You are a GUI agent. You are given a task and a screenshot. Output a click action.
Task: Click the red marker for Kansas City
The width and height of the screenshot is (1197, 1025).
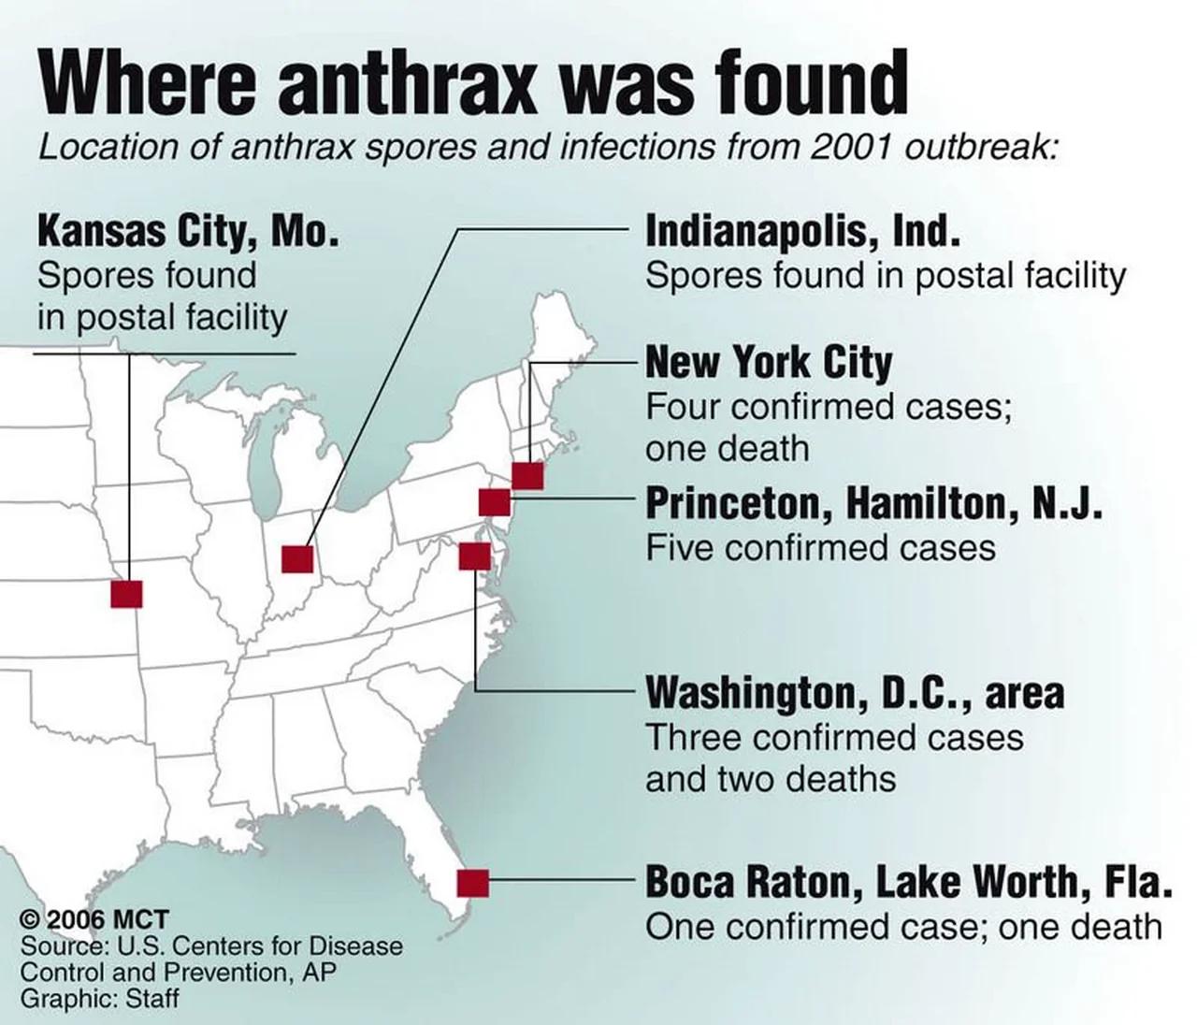pyautogui.click(x=126, y=593)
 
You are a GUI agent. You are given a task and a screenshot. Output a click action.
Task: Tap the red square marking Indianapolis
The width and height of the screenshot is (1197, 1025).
pyautogui.click(x=297, y=558)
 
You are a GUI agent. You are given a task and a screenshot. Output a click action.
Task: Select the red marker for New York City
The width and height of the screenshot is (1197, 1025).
pyautogui.click(x=527, y=475)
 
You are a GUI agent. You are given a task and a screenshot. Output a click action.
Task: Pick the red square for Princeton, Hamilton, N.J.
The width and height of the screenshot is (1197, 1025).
pyautogui.click(x=494, y=502)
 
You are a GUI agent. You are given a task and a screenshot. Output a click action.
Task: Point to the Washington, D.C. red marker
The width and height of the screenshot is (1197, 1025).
pyautogui.click(x=474, y=556)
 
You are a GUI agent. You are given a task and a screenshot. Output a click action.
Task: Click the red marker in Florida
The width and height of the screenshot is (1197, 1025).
pyautogui.click(x=473, y=883)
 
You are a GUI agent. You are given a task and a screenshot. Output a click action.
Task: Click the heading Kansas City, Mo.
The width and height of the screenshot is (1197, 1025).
pyautogui.click(x=187, y=231)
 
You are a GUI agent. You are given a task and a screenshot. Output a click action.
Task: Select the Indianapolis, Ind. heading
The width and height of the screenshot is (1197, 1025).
pyautogui.click(x=802, y=231)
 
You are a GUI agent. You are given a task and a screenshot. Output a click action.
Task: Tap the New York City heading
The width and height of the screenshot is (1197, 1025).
pyautogui.click(x=769, y=362)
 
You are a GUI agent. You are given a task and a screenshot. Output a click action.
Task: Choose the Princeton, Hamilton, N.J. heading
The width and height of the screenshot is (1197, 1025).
pyautogui.click(x=873, y=504)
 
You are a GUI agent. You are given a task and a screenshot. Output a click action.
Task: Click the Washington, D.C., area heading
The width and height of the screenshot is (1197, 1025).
pyautogui.click(x=855, y=694)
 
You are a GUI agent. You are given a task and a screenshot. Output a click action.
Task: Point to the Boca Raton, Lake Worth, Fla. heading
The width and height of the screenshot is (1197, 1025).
pyautogui.click(x=908, y=882)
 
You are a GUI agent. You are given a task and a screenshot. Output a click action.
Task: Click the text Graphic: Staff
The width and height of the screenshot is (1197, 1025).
pyautogui.click(x=99, y=998)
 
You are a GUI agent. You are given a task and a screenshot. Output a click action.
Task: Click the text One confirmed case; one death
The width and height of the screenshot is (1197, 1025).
pyautogui.click(x=903, y=927)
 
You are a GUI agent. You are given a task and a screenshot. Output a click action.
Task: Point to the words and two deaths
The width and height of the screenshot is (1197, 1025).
pyautogui.click(x=771, y=779)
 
